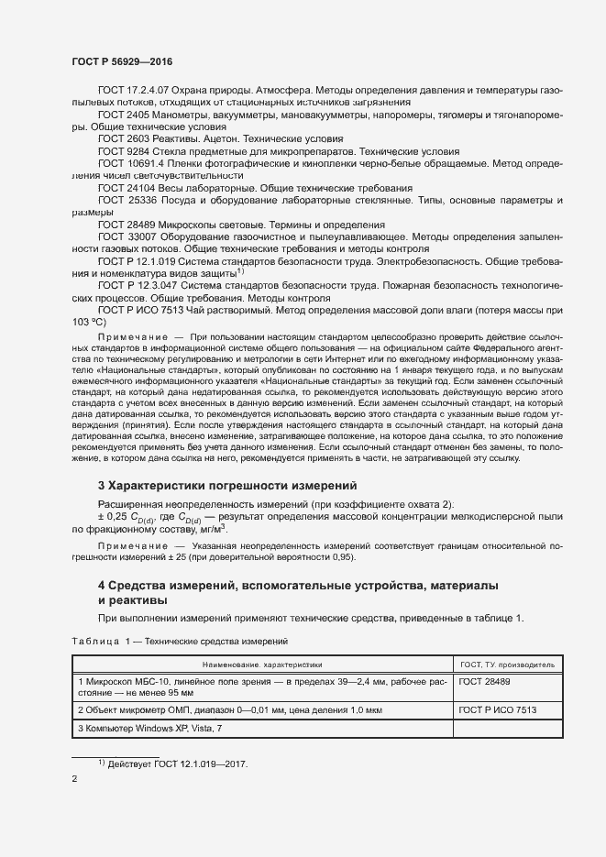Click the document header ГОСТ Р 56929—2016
[x=121, y=60]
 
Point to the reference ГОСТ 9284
[x=124, y=149]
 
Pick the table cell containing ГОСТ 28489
[x=485, y=682]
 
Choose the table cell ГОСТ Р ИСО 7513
[x=498, y=710]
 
